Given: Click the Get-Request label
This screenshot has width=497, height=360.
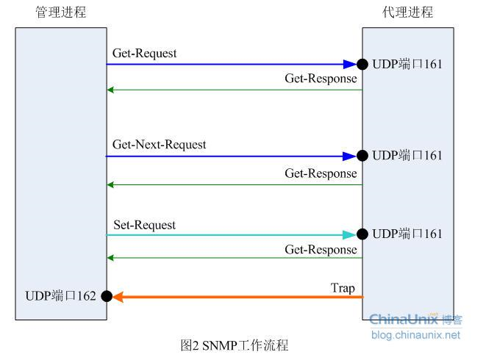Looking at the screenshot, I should pos(144,54).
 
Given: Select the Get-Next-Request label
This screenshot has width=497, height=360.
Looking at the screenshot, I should pos(159,145).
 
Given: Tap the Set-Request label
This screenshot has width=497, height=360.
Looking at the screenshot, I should pos(144,225).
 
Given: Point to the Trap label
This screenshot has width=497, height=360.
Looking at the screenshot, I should pos(342,288).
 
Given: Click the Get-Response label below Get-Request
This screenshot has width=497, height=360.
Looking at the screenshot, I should pos(321,79).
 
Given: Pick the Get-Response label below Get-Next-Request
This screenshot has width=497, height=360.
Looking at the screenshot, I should pos(321,173).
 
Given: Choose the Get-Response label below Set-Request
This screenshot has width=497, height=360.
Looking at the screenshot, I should pos(321,250).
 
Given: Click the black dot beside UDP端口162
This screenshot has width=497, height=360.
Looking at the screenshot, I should pos(107,296).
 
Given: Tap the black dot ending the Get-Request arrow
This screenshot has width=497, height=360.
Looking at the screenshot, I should pos(362,64).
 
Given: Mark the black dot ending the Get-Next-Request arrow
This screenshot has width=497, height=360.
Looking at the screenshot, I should pos(362,156).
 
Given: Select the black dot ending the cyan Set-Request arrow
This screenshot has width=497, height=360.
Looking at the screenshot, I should pos(362,234).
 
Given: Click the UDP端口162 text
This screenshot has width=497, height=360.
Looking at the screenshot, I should pos(60,296).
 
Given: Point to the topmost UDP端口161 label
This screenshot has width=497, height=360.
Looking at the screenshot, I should pos(407,65).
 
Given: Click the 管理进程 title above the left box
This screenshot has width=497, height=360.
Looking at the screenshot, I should pos(60,12).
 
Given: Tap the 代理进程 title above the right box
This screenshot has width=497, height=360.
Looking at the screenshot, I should pos(407,12).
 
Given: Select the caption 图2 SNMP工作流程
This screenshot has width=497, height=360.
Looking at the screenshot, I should pos(235,345).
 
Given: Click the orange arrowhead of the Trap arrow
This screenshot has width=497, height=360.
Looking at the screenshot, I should pos(118,296).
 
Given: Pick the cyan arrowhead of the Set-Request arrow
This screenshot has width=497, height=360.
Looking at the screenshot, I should pos(350,234).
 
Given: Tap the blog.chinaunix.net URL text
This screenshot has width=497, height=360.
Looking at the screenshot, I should pos(415,335).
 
